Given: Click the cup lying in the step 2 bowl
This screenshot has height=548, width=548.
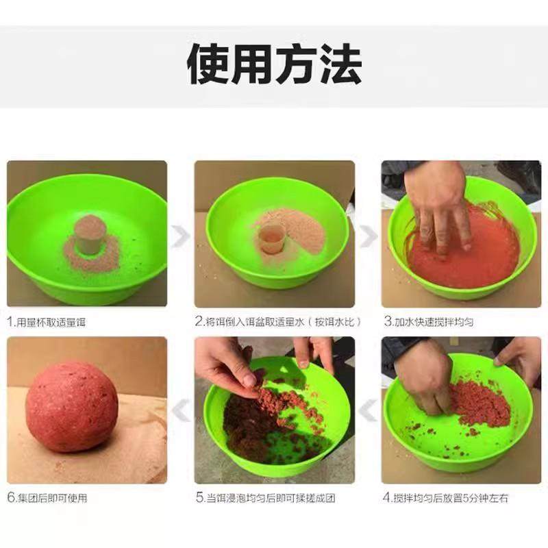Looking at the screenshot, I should coord(271,240).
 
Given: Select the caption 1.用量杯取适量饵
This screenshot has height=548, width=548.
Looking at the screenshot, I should coord(48,321).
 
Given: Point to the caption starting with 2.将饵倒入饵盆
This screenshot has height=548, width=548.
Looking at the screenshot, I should coord(278,321).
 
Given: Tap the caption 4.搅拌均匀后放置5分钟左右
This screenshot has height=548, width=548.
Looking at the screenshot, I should coord(445,497).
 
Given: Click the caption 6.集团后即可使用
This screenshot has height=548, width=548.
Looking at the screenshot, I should coord(48,497).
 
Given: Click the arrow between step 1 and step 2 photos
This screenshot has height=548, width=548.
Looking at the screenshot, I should coord(180,236).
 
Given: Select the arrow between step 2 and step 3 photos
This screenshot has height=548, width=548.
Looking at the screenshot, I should coord(368,236).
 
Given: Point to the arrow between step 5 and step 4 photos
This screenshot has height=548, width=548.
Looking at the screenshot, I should coord(368,411).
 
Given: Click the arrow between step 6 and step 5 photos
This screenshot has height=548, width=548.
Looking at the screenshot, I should coord(180,411).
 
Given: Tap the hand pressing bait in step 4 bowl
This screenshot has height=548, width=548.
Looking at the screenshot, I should coord(425,377).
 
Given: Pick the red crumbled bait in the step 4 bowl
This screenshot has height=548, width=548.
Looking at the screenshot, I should coord(480,404).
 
